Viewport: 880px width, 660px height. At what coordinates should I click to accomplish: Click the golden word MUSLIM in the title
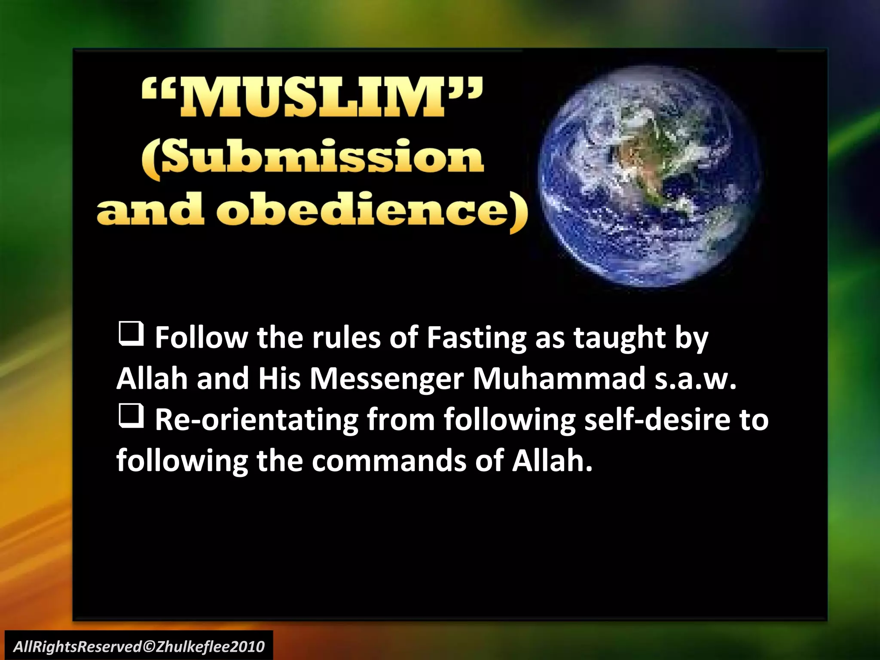tap(313, 98)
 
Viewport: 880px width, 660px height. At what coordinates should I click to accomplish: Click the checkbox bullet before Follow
tap(131, 335)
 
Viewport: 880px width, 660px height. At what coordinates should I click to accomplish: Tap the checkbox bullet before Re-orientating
tap(131, 417)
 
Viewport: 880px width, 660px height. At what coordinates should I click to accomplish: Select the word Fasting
tap(476, 338)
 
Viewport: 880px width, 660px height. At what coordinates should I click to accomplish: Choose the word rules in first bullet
tap(347, 338)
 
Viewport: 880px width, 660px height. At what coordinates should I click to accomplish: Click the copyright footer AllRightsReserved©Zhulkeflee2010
tap(139, 646)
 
